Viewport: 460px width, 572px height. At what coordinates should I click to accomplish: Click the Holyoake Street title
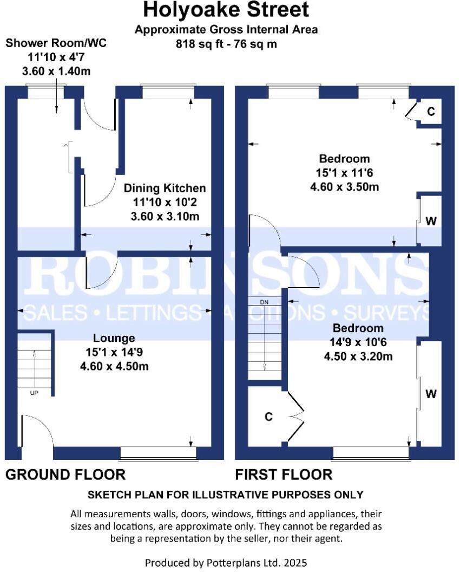coord(226,10)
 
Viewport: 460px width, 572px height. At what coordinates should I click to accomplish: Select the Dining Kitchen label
coord(165,188)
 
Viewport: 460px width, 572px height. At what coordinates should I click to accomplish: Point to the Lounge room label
coord(114,339)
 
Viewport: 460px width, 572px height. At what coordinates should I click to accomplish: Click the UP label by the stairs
coord(34,393)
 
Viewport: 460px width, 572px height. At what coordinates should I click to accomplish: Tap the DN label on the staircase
coord(264,302)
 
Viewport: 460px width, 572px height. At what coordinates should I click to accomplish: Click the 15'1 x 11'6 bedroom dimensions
coord(345,173)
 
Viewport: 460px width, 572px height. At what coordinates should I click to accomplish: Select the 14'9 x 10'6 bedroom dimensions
coord(358,342)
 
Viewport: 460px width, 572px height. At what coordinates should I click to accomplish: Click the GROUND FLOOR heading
coord(65,475)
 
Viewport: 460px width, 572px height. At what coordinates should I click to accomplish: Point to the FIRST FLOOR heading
coord(284,475)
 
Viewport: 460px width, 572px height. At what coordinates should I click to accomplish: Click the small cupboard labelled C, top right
coord(431,112)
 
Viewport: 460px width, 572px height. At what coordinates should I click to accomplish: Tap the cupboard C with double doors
coord(268,417)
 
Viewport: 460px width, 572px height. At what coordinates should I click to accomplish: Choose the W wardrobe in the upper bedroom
coord(431,221)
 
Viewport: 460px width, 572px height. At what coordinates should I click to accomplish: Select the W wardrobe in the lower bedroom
coord(431,394)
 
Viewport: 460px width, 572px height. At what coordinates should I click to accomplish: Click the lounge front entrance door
coord(37,433)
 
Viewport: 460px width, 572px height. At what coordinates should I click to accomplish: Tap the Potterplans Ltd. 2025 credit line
coord(226,563)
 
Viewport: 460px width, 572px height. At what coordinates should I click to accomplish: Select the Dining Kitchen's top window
coord(167,92)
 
